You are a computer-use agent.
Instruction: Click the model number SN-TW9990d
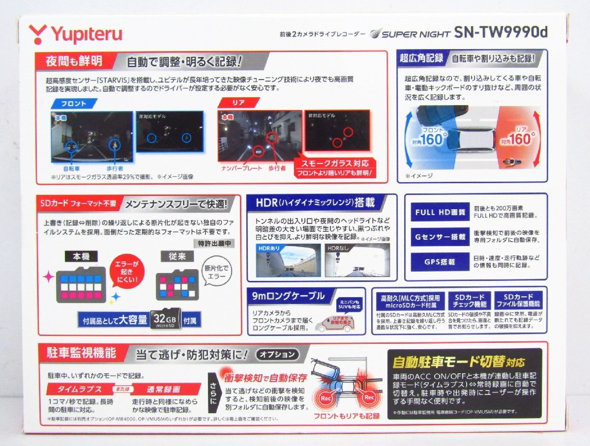tap(500, 33)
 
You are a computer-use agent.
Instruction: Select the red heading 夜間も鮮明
tap(74, 61)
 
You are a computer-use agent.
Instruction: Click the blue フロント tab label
tap(74, 104)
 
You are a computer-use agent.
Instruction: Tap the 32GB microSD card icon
tap(165, 319)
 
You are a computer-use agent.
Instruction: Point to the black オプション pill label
tap(278, 354)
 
